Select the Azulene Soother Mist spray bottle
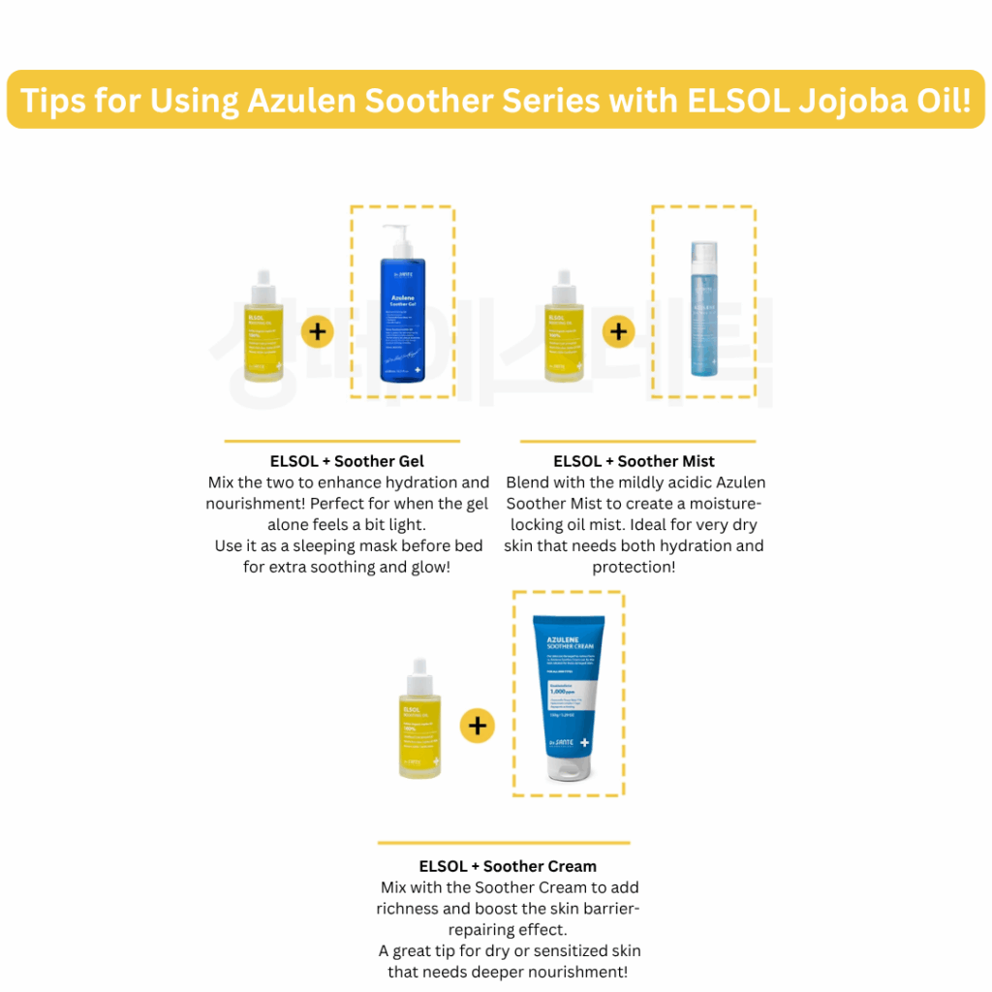[703, 310]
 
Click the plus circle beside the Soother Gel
[317, 332]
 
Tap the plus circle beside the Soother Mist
[618, 332]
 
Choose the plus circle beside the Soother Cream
[477, 725]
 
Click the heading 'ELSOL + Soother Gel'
[347, 461]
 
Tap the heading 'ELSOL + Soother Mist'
[635, 461]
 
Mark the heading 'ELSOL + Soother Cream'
[508, 866]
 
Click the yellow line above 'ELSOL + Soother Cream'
[504, 843]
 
